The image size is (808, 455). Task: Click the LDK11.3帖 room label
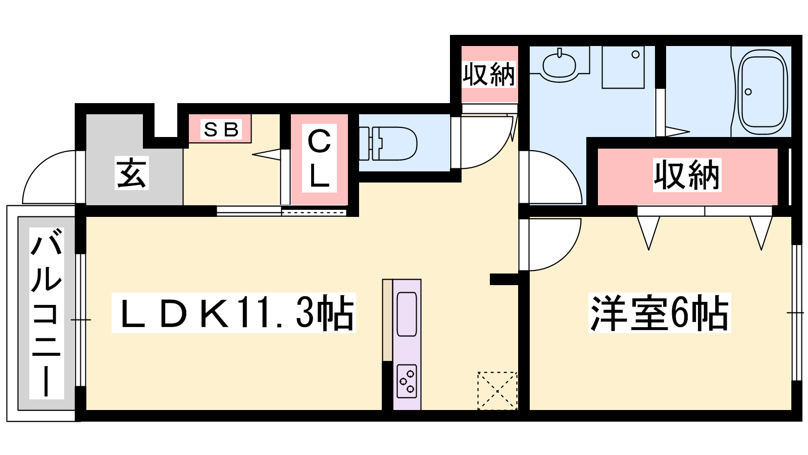click(234, 313)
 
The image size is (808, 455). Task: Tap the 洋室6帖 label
click(660, 313)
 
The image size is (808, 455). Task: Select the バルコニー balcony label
click(46, 313)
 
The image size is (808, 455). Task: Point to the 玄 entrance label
click(132, 173)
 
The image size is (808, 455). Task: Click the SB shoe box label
click(221, 129)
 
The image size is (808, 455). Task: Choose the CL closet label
click(319, 158)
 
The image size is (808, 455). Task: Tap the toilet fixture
click(388, 144)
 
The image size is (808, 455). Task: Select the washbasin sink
click(559, 65)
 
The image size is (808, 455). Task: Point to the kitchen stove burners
click(407, 381)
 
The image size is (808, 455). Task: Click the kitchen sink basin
click(407, 314)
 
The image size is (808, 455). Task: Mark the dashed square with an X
click(497, 391)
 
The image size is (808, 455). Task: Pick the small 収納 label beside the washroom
click(489, 74)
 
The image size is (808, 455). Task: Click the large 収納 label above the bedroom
click(687, 175)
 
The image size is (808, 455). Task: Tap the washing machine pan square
click(623, 67)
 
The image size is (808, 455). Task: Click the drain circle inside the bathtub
click(748, 92)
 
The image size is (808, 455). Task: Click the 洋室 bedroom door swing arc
click(566, 256)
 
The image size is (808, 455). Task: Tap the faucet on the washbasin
click(560, 53)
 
